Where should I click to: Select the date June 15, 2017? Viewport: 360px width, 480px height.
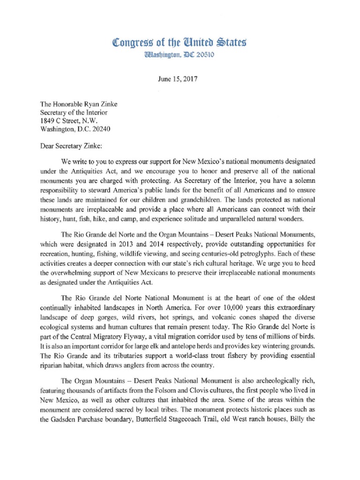179,79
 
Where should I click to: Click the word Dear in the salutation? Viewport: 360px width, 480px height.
48,145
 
